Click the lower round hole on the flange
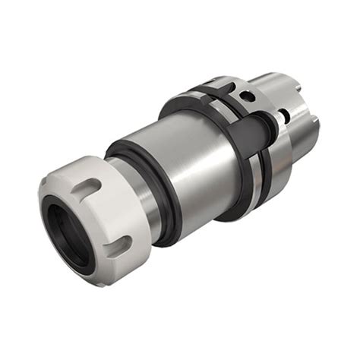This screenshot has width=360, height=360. [283, 116]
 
